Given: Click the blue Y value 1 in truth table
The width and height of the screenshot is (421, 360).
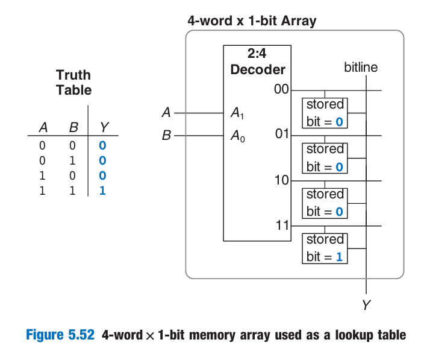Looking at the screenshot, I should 102,194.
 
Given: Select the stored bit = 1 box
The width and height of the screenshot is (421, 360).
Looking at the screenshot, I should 325,248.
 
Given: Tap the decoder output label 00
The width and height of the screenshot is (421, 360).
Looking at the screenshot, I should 281,90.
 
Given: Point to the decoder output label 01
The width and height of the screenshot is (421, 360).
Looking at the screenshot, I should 282,133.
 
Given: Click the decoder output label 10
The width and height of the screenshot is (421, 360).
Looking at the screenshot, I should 282,180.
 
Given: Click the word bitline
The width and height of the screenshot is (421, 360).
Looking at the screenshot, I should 361,67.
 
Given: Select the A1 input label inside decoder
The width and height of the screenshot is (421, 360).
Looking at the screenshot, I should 237,112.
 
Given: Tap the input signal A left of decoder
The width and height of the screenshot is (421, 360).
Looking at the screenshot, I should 167,112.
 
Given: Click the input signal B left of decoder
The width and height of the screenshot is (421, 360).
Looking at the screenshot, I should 166,136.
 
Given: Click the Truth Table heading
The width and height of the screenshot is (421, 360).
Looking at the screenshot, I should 73,83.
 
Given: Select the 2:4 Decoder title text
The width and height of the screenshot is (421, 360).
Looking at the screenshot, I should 257,62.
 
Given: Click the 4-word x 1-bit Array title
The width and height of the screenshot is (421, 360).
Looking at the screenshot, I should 252,22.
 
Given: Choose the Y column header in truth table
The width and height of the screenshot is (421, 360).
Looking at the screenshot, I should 104,127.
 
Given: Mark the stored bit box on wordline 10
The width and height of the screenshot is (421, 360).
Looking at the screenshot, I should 325,203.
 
